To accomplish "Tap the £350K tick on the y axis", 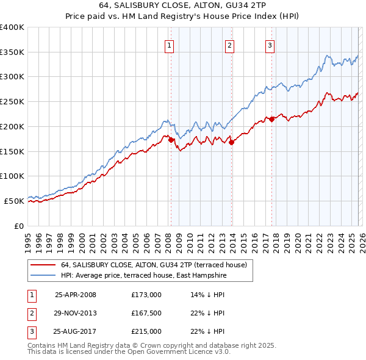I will (12, 52).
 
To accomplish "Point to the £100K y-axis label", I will (12, 176).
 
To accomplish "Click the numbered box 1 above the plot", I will (169, 45).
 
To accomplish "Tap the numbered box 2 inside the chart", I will (229, 45).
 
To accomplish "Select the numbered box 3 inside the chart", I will (270, 45).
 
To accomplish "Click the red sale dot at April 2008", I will (171, 140).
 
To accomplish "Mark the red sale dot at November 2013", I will (231, 143).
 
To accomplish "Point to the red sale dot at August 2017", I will (271, 120).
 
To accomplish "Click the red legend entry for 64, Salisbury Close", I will (153, 265).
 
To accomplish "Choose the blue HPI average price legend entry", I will (143, 276).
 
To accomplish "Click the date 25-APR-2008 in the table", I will (76, 295).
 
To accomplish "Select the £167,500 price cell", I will (146, 313).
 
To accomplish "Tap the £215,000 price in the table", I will (146, 331).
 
